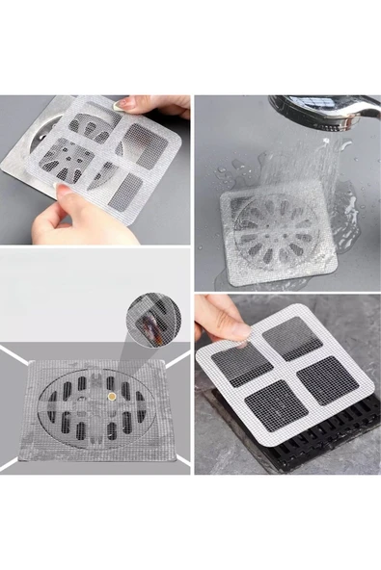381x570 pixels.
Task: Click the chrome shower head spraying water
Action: [319, 109]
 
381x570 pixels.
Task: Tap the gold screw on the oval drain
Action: [111, 394]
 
